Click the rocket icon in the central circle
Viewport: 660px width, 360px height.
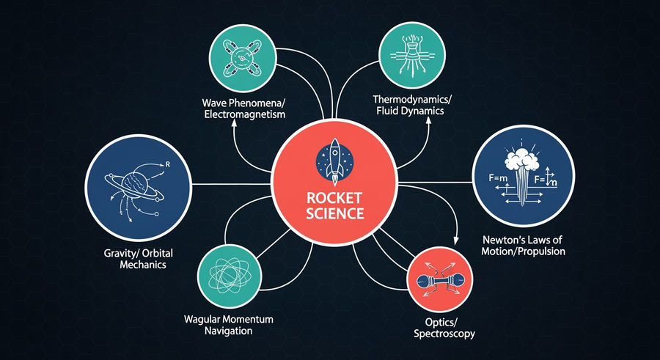point(334,162)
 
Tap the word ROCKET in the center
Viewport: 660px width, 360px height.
point(334,198)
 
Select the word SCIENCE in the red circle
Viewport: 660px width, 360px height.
point(334,213)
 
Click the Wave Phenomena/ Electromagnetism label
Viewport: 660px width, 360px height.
point(243,109)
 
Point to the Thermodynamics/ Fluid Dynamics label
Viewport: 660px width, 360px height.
point(408,106)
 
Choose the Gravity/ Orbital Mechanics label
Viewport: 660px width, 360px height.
point(138,259)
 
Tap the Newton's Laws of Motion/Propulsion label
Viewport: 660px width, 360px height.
point(523,246)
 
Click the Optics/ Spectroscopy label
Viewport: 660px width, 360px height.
point(444,328)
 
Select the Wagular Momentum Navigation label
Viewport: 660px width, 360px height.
point(229,325)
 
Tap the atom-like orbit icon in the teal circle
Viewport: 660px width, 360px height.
point(230,276)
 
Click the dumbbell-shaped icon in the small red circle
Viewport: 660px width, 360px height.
point(440,279)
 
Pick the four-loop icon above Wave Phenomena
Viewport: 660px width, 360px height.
point(243,58)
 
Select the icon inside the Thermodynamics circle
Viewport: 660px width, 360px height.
point(412,55)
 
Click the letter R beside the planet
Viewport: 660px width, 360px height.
point(167,165)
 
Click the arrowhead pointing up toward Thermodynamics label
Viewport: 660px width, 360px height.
point(429,120)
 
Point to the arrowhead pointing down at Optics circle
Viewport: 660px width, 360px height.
point(455,240)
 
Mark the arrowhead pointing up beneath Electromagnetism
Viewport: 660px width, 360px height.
point(234,123)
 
